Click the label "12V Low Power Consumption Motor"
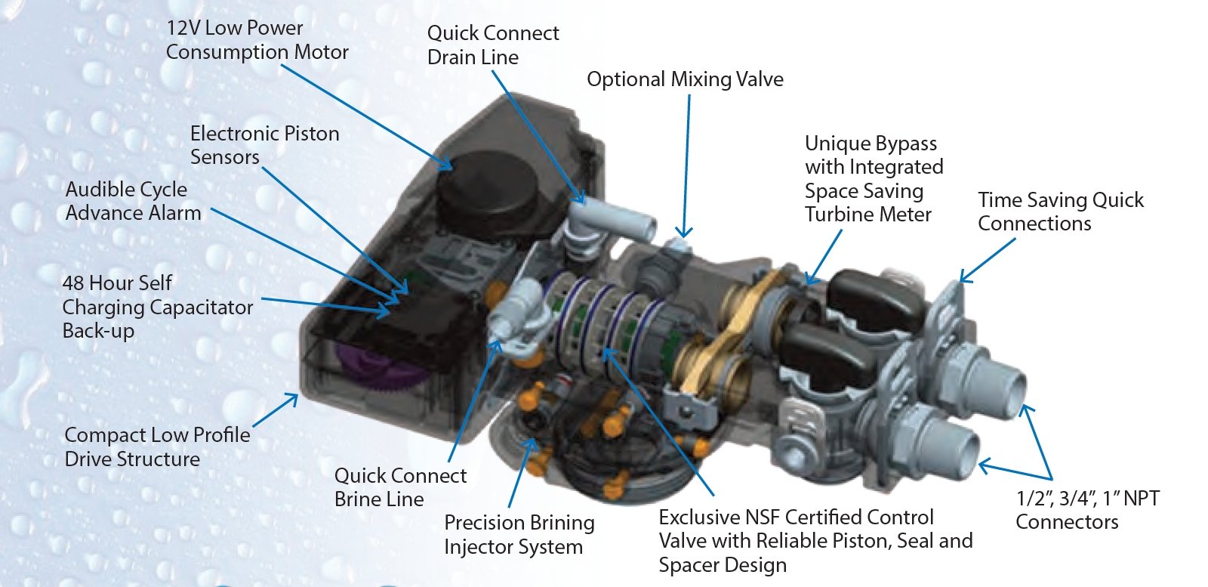point(257,40)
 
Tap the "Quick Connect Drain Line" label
point(492,45)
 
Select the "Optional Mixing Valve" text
point(685,79)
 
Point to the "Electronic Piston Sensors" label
point(264,145)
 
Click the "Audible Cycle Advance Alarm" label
point(133,201)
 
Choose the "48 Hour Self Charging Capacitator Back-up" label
point(157,307)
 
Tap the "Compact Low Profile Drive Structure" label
point(157,446)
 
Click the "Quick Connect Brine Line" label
point(400,487)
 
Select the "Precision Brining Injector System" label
point(519,534)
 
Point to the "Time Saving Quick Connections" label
point(1060,212)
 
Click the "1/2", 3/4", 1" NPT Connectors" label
point(1086,510)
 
